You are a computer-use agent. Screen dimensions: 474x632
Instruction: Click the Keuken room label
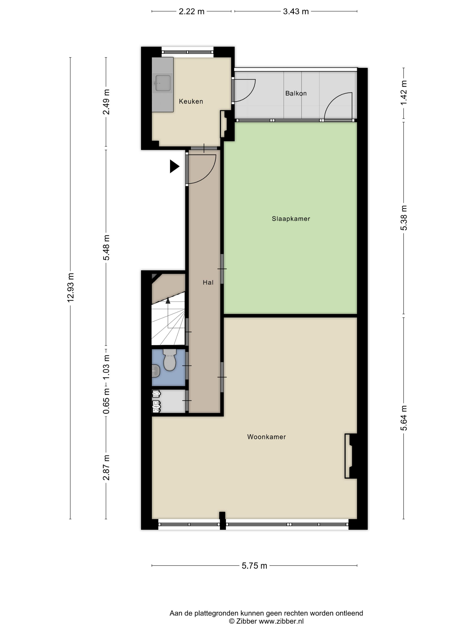191,101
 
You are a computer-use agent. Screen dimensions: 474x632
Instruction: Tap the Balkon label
296,93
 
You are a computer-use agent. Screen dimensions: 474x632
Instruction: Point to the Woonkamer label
266,437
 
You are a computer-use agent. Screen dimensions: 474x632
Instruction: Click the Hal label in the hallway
208,282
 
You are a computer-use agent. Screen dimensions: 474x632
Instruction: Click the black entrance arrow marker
174,166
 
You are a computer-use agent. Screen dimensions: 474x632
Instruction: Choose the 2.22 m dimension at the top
191,12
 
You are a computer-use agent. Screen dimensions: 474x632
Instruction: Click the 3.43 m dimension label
296,12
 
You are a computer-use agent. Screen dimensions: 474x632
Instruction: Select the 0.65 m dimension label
106,401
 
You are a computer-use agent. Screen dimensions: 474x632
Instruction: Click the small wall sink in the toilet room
156,371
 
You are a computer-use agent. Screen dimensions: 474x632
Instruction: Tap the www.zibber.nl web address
281,621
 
